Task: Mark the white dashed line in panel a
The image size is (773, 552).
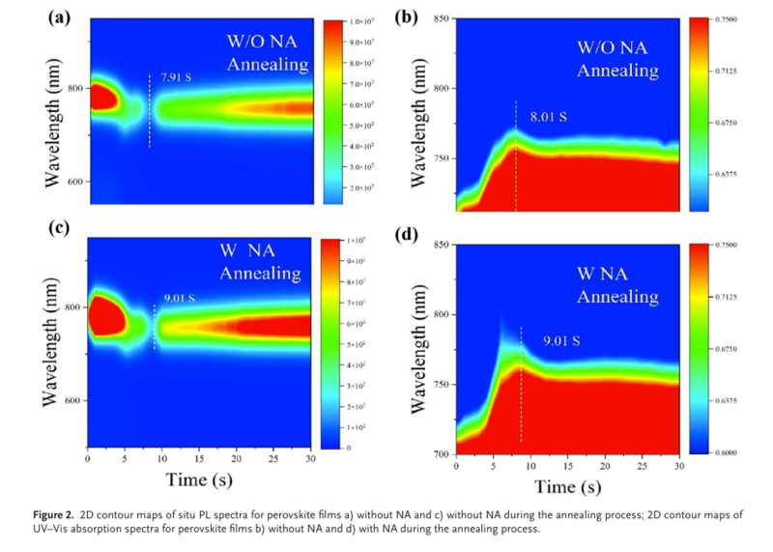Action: click(149, 110)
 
